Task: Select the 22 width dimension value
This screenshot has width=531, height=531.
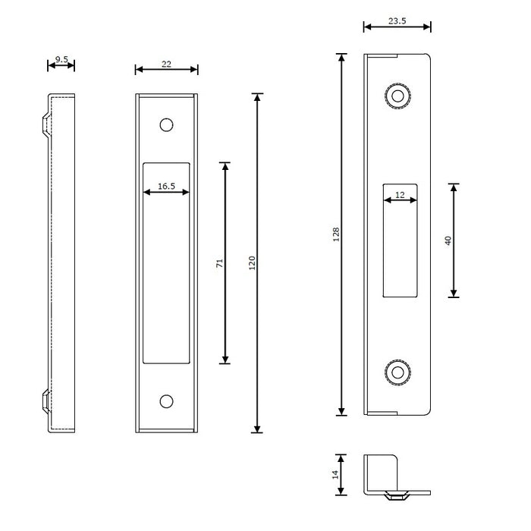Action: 166,64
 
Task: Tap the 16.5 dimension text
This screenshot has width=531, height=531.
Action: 167,185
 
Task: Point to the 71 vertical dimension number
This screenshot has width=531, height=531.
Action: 219,262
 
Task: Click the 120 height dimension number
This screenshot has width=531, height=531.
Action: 252,262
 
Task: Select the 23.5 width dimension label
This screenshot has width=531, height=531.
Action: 397,21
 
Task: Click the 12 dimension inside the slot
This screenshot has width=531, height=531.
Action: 400,195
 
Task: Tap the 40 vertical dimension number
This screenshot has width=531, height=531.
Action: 448,240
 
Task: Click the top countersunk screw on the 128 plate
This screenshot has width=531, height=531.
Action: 396,96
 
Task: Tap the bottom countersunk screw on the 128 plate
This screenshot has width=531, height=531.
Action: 396,372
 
